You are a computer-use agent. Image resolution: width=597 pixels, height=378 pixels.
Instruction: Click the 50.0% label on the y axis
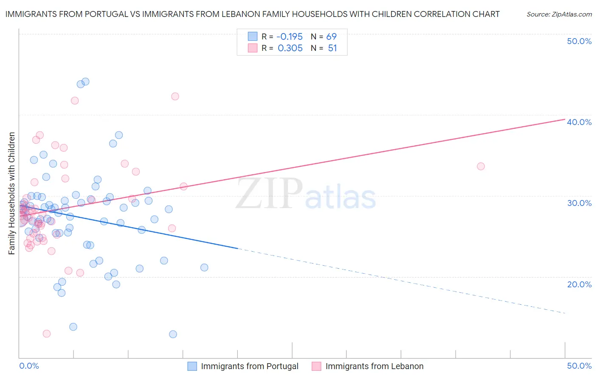[x=579, y=41]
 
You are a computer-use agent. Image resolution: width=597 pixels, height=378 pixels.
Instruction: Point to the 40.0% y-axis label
[x=579, y=122]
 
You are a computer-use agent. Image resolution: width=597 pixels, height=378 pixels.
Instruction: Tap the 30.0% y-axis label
[x=579, y=203]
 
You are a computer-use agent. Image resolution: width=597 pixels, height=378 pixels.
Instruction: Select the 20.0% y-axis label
[x=579, y=284]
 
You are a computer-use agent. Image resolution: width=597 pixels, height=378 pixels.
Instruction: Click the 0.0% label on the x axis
[x=29, y=366]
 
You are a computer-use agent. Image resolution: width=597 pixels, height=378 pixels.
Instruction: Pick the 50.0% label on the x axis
[x=579, y=366]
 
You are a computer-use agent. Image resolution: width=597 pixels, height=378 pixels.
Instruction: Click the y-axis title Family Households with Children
[x=11, y=193]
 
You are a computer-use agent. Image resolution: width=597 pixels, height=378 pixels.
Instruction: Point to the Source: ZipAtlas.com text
[x=559, y=14]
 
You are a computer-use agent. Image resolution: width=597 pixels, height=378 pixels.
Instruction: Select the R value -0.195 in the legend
[x=290, y=36]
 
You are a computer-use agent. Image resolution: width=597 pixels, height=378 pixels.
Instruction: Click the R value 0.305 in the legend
[x=290, y=48]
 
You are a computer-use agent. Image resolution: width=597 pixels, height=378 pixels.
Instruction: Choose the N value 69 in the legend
[x=331, y=36]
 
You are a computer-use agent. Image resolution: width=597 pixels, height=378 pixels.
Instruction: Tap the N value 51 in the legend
[x=332, y=48]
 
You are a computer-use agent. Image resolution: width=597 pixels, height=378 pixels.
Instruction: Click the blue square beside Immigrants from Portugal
[x=192, y=366]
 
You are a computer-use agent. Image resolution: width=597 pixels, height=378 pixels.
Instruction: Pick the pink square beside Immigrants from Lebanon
[x=316, y=366]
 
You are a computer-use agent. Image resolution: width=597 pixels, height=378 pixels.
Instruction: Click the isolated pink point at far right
[x=481, y=166]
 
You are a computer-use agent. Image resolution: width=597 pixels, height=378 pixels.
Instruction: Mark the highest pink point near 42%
[x=175, y=96]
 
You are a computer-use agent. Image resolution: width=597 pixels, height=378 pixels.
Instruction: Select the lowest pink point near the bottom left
[x=47, y=334]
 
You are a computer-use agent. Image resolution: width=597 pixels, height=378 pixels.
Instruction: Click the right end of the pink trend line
[x=565, y=120]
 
